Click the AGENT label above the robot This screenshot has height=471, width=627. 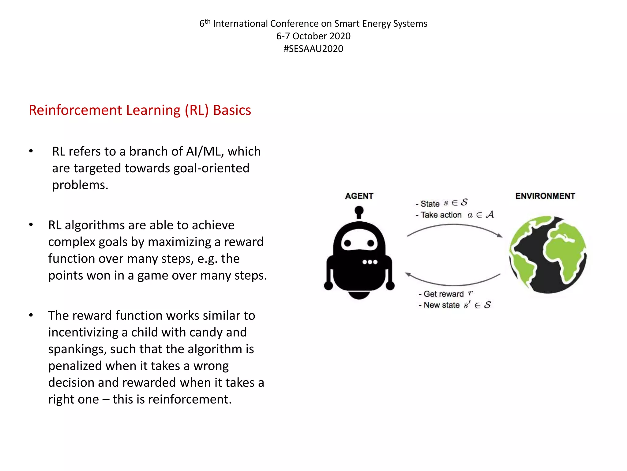point(359,196)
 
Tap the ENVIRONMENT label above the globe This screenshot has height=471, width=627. point(545,196)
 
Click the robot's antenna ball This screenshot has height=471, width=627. point(359,211)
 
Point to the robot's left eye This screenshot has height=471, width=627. point(347,243)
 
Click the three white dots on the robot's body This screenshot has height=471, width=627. point(370,262)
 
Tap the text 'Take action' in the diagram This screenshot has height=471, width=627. point(441,215)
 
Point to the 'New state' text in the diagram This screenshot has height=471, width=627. point(441,305)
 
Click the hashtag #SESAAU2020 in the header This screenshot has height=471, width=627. point(313,49)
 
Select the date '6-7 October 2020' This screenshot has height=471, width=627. point(313,36)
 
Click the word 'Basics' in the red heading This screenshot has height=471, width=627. point(232,110)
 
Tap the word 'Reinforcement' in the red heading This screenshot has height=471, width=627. point(75,110)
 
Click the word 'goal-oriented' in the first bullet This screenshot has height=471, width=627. point(211,168)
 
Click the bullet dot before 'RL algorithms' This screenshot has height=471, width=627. point(31,225)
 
